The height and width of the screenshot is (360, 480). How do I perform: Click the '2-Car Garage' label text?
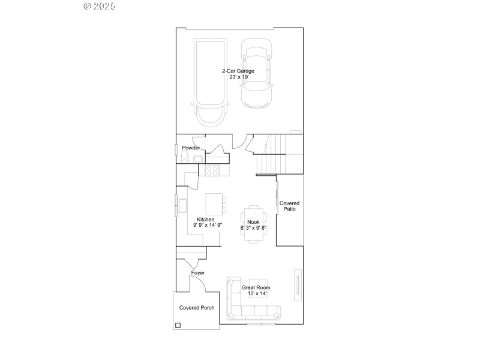pyautogui.click(x=238, y=71)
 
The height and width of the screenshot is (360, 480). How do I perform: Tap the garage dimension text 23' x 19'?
pyautogui.click(x=238, y=77)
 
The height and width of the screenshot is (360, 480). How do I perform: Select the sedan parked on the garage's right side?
pyautogui.click(x=257, y=73)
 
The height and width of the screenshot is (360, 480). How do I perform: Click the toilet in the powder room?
pyautogui.click(x=185, y=157)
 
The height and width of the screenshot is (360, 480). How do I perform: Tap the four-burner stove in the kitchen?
pyautogui.click(x=212, y=171)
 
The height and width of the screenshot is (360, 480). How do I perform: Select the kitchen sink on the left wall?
pyautogui.click(x=180, y=205)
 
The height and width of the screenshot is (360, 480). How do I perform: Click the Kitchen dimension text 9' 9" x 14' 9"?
pyautogui.click(x=208, y=225)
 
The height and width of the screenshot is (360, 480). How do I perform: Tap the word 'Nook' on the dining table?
pyautogui.click(x=253, y=222)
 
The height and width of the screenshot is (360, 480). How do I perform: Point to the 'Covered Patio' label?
pyautogui.click(x=289, y=206)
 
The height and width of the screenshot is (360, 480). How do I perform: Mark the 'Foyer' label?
pyautogui.click(x=198, y=273)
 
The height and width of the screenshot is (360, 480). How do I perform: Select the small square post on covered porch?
pyautogui.click(x=178, y=326)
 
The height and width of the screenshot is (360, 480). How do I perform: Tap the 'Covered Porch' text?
pyautogui.click(x=197, y=307)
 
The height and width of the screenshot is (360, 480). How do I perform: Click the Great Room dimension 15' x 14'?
pyautogui.click(x=256, y=293)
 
